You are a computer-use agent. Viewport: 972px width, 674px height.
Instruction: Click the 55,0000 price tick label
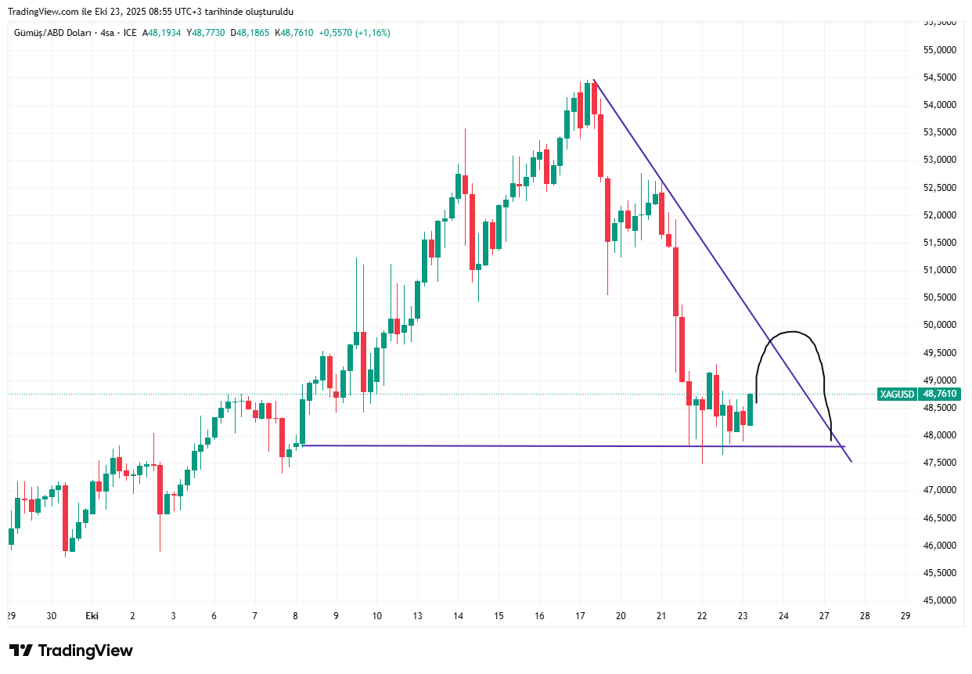[941, 49]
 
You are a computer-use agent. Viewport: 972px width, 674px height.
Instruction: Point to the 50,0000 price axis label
[941, 325]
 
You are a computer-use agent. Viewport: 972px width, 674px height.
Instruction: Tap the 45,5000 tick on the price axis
[941, 573]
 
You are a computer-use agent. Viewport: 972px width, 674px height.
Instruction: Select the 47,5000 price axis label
[941, 463]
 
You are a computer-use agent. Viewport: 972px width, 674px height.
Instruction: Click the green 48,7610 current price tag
[940, 394]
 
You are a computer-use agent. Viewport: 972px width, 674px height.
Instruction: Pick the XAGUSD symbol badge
[897, 394]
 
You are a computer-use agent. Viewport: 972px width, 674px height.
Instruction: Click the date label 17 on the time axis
[580, 616]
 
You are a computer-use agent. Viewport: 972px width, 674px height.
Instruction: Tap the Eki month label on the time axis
[92, 616]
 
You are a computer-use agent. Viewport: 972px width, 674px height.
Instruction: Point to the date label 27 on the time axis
[824, 616]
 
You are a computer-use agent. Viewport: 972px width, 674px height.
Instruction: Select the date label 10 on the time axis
[376, 616]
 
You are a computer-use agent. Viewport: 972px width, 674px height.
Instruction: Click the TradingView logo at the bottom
[71, 651]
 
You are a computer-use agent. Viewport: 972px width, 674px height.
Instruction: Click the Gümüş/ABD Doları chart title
[52, 33]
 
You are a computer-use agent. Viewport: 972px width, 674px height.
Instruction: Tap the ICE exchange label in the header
[130, 33]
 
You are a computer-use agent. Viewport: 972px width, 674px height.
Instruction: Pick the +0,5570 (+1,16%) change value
[355, 33]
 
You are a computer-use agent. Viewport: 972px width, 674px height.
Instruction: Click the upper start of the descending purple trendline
[594, 80]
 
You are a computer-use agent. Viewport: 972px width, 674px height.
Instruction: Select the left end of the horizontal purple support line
[301, 445]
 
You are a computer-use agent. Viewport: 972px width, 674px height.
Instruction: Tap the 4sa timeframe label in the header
[108, 33]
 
